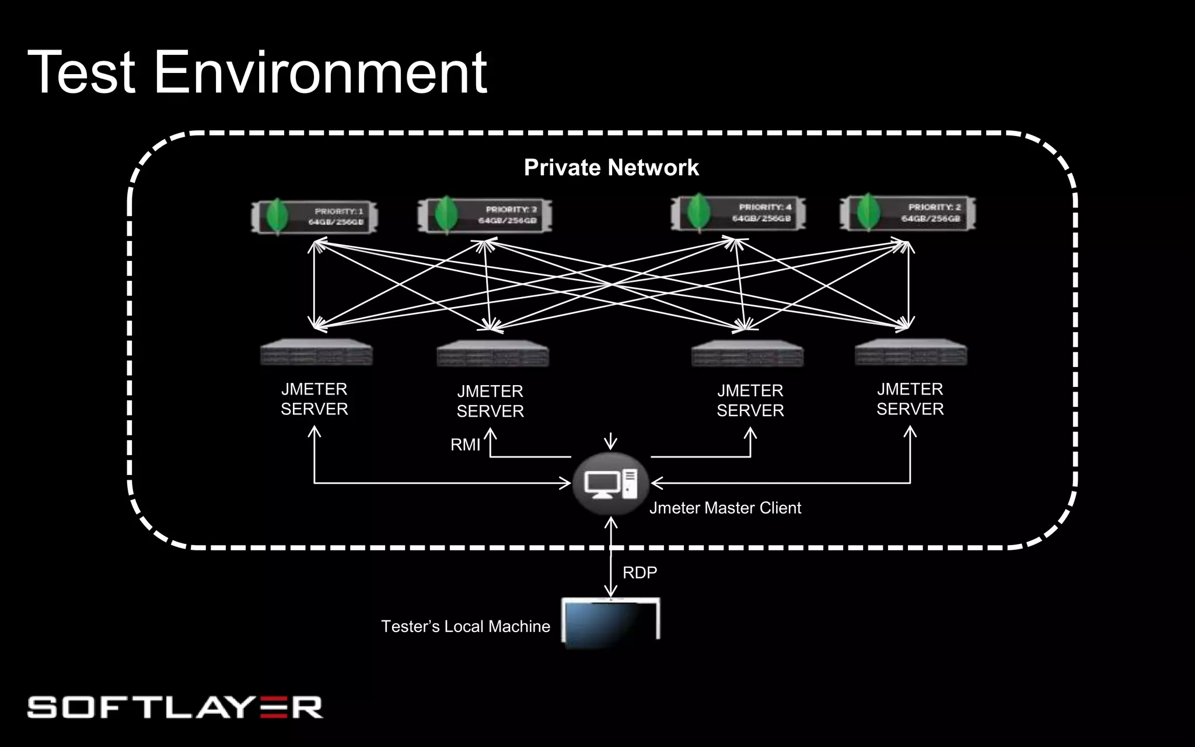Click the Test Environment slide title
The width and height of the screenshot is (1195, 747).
click(x=257, y=72)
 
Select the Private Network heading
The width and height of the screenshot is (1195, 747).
click(x=611, y=168)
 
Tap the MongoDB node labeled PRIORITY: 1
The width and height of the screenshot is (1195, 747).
click(x=315, y=217)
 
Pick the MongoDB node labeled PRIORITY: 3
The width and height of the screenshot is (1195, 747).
click(x=485, y=215)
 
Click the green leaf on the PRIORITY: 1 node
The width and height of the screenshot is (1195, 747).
click(x=277, y=216)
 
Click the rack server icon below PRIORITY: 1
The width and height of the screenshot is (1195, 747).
click(x=316, y=352)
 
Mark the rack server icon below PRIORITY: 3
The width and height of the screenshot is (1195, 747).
click(x=493, y=354)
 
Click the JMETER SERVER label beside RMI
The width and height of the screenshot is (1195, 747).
click(x=490, y=401)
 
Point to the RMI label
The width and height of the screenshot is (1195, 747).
click(x=465, y=445)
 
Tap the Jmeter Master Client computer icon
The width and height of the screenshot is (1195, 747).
click(x=610, y=484)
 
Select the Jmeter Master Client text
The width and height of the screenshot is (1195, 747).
click(x=725, y=508)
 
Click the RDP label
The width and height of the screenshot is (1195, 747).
click(x=640, y=573)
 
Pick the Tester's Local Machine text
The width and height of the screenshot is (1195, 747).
click(x=466, y=627)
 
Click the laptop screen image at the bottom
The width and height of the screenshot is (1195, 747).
click(x=610, y=622)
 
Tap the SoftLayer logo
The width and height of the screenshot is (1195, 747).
click(x=175, y=707)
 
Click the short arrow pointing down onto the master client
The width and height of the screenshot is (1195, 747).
click(x=610, y=441)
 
